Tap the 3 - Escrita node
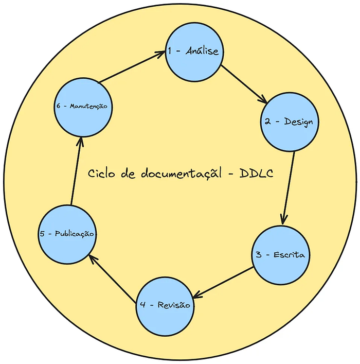tap(281, 255)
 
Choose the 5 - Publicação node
tap(67, 233)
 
